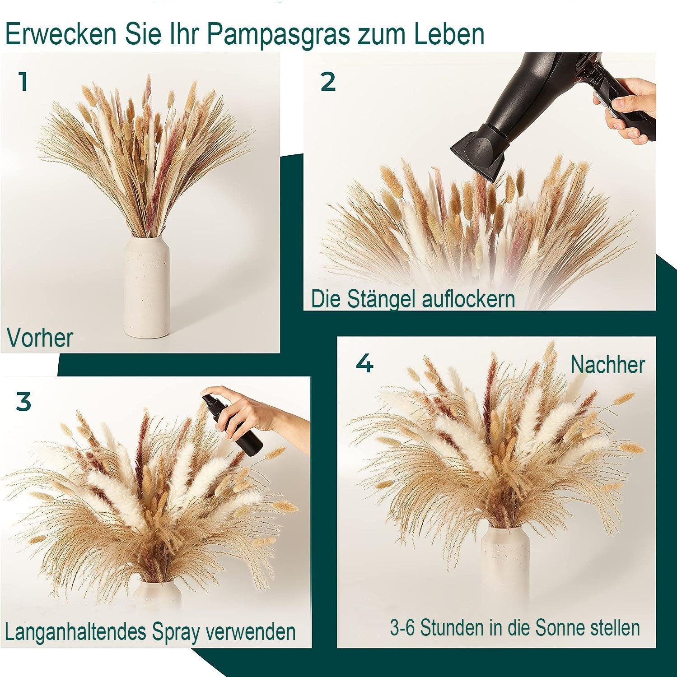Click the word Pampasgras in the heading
pyautogui.click(x=278, y=34)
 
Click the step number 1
pyautogui.click(x=23, y=82)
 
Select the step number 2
pyautogui.click(x=328, y=82)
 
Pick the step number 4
pyautogui.click(x=364, y=363)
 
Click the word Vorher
pyautogui.click(x=40, y=338)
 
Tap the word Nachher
pyautogui.click(x=607, y=364)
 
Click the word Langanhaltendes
pyautogui.click(x=76, y=632)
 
